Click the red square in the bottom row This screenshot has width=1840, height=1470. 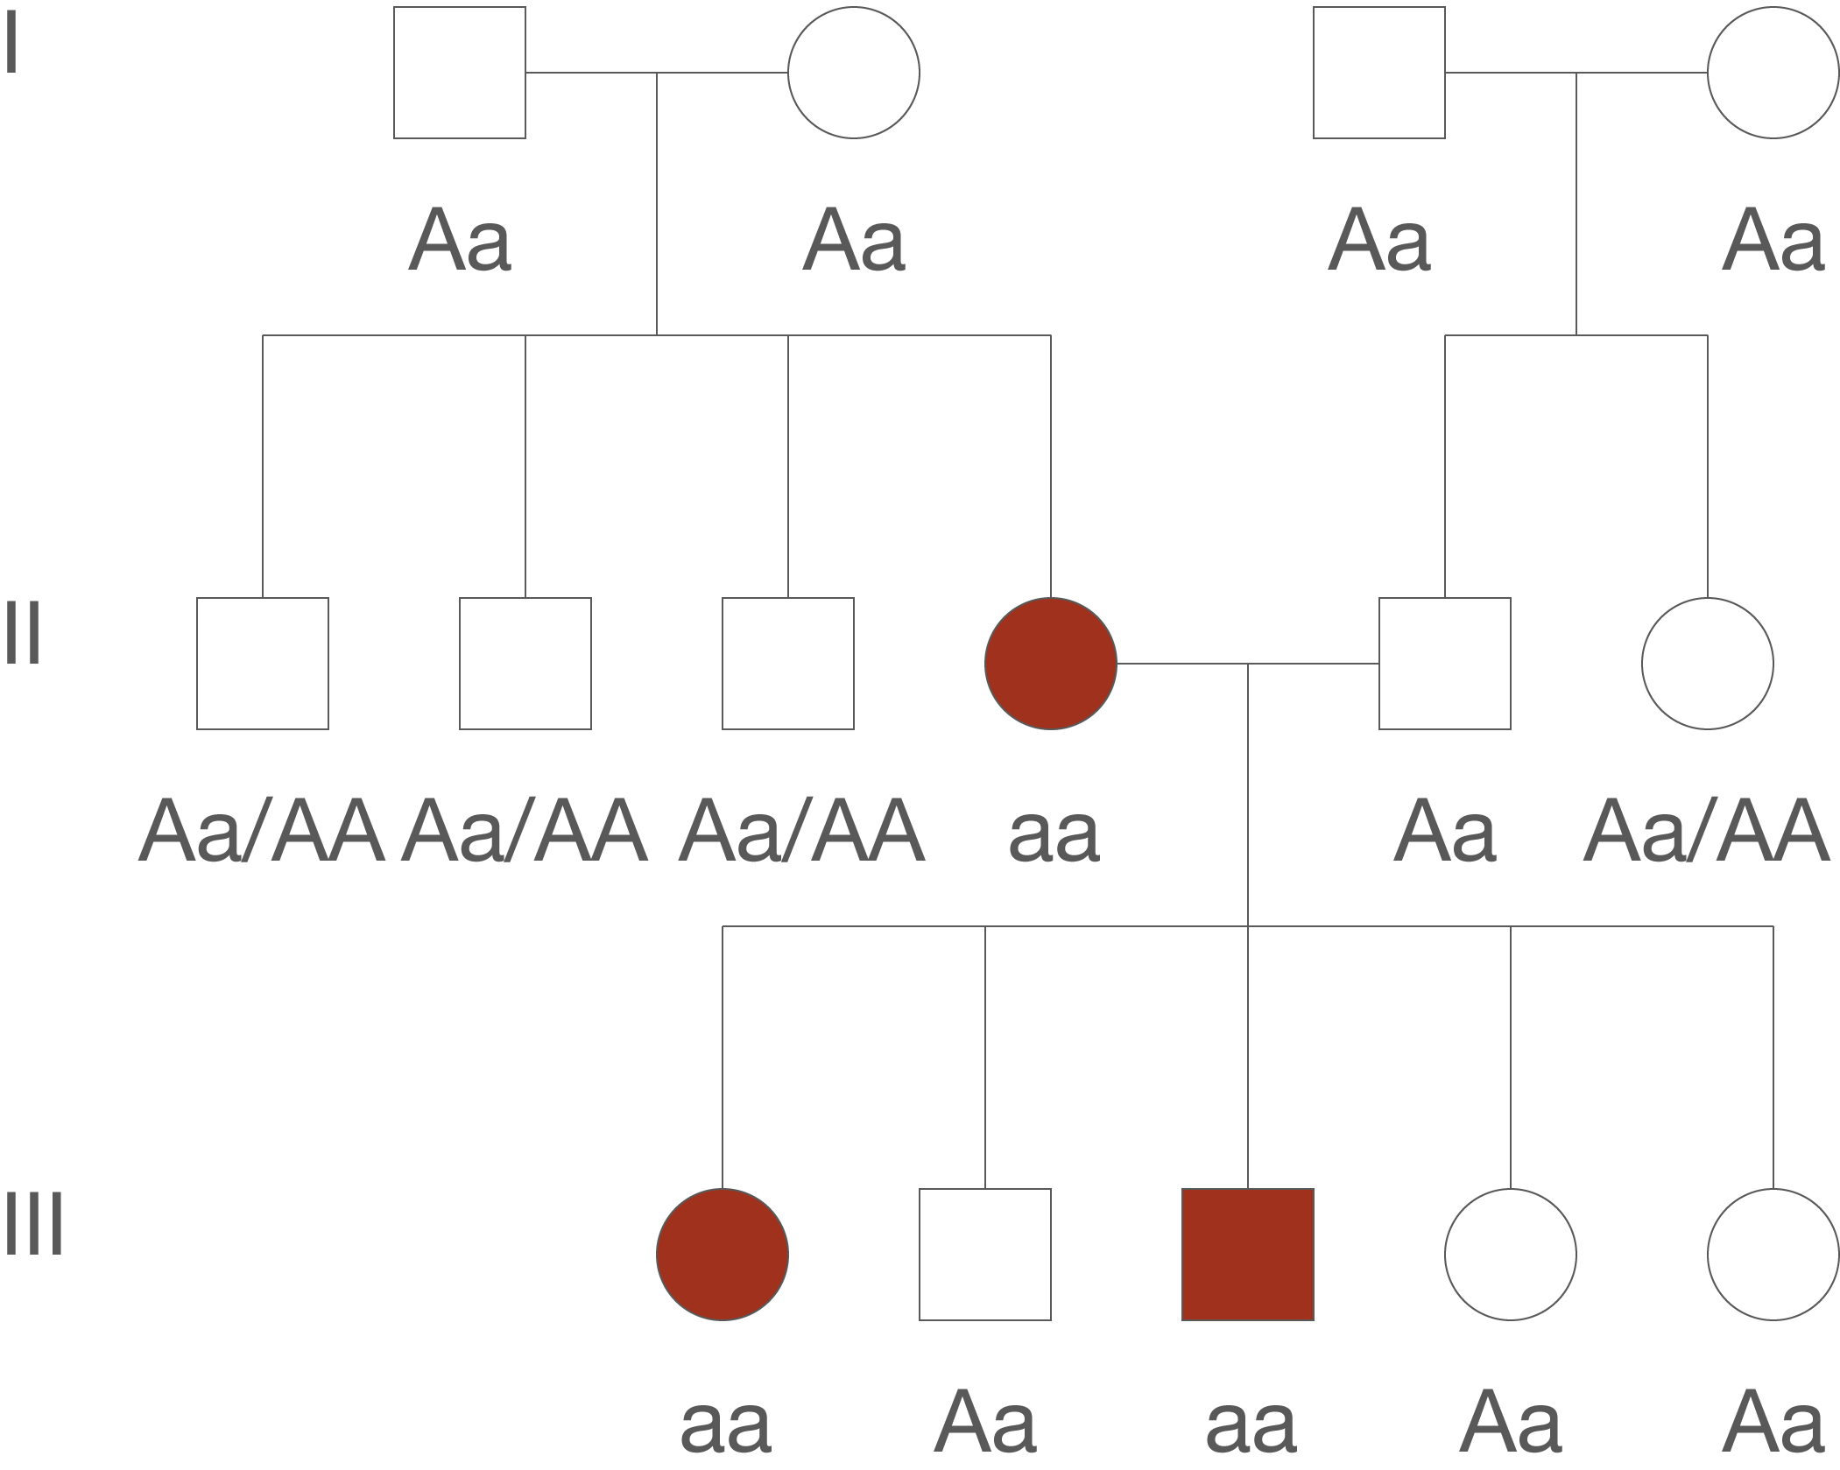tap(1247, 1254)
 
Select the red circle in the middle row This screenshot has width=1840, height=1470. tap(1050, 664)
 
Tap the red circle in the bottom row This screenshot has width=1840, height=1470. tap(722, 1254)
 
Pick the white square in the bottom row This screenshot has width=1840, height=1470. tap(984, 1254)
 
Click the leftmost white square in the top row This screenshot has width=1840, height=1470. tap(459, 73)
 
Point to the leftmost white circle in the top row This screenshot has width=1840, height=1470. tap(853, 73)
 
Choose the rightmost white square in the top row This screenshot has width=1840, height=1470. tap(1378, 73)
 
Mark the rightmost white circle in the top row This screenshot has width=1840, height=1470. tap(1773, 73)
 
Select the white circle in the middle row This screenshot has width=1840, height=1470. tap(1707, 664)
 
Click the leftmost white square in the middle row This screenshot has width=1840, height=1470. tap(262, 664)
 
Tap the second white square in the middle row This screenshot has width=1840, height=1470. tap(525, 664)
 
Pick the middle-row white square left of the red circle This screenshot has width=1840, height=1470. tap(787, 664)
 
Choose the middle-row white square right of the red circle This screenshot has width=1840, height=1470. tap(1445, 664)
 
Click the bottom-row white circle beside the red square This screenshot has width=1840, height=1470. tap(1510, 1254)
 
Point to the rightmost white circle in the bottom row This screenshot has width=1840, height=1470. tap(1773, 1254)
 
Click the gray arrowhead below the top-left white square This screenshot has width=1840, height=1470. tap(436, 241)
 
